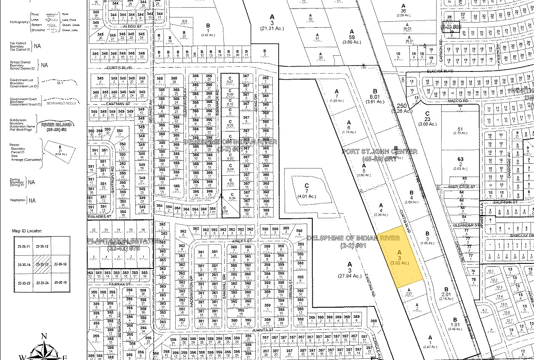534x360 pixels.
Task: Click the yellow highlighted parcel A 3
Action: [400, 257]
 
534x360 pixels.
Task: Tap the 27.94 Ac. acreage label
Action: [350, 276]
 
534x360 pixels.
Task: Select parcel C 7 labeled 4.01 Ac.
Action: [306, 191]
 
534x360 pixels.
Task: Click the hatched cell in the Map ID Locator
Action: [43, 264]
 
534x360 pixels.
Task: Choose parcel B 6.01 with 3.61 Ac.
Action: [375, 96]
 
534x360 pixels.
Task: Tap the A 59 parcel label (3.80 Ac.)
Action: [352, 37]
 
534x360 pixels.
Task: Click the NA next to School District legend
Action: [44, 66]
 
